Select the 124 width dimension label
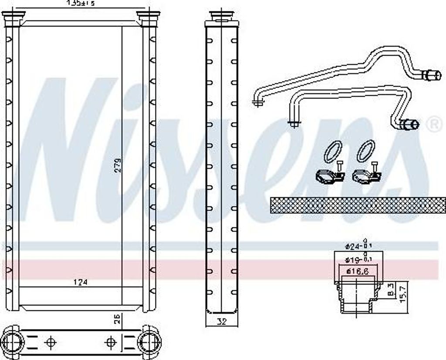pyautogui.click(x=81, y=282)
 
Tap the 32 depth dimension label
pyautogui.click(x=222, y=323)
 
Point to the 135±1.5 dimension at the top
pyautogui.click(x=80, y=3)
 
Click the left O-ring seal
pyautogui.click(x=333, y=151)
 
